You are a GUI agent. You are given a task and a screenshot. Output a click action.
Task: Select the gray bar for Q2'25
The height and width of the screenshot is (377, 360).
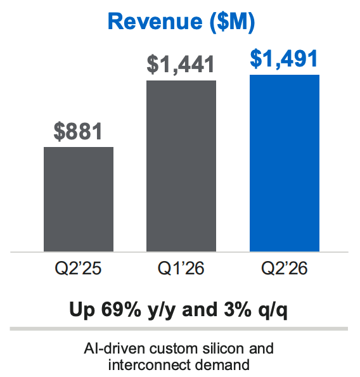[x=79, y=199]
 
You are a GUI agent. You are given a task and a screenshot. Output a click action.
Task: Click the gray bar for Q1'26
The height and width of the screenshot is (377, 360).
[x=181, y=166]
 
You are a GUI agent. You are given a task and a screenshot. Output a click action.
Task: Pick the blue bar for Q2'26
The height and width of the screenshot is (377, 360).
[x=285, y=163]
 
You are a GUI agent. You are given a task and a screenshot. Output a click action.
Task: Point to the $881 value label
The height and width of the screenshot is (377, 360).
[x=78, y=132]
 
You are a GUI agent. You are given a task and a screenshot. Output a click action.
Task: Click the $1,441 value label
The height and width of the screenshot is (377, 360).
[x=181, y=65]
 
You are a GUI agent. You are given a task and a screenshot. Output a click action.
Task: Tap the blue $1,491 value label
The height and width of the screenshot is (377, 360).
[x=285, y=59]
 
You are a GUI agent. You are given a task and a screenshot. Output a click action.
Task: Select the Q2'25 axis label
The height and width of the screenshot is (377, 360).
[x=79, y=269]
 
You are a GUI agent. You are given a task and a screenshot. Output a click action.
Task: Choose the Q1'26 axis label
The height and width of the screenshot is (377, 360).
[x=181, y=269]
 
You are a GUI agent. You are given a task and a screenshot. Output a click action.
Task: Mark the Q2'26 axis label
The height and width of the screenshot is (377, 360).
[x=285, y=269]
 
